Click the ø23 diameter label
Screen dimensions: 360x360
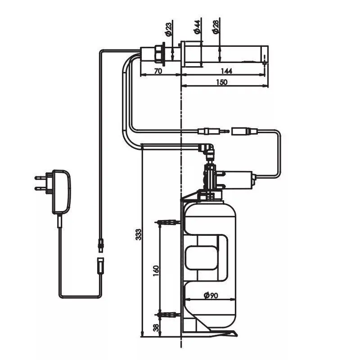point(168,29)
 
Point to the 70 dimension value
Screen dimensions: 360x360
point(158,71)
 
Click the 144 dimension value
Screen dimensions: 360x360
point(226,71)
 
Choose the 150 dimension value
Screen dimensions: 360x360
point(221,82)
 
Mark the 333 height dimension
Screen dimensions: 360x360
point(139,234)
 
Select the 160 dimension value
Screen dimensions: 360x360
point(156,271)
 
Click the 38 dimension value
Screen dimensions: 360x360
point(156,328)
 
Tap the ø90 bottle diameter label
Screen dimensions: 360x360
point(211,296)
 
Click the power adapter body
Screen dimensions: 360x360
point(61,192)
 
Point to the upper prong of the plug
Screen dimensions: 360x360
point(40,178)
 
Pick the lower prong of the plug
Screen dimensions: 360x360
point(40,189)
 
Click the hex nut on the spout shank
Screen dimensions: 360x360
point(158,54)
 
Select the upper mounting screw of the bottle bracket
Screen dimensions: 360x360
point(167,222)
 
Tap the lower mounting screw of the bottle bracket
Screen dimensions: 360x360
point(167,315)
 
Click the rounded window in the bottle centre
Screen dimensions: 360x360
point(201,257)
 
